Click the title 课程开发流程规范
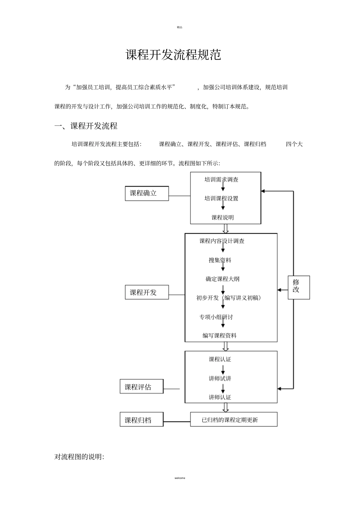pos(173,55)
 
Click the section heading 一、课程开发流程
pos(86,126)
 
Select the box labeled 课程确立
pos(147,193)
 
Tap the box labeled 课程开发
pos(147,292)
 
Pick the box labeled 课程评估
pos(141,387)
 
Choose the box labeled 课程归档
pos(141,420)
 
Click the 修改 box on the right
pos(299,287)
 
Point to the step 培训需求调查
pos(221,180)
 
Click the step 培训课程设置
pos(221,198)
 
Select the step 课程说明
pos(222,218)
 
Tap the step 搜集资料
pos(220,260)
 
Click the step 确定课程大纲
pos(222,279)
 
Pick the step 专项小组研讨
pos(216,317)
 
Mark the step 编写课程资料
pos(219,336)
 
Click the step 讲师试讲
pos(220,378)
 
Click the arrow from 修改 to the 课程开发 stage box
pos(282,290)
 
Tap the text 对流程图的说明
pos(80,457)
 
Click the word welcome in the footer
pos(180,478)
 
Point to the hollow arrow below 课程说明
pos(226,229)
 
